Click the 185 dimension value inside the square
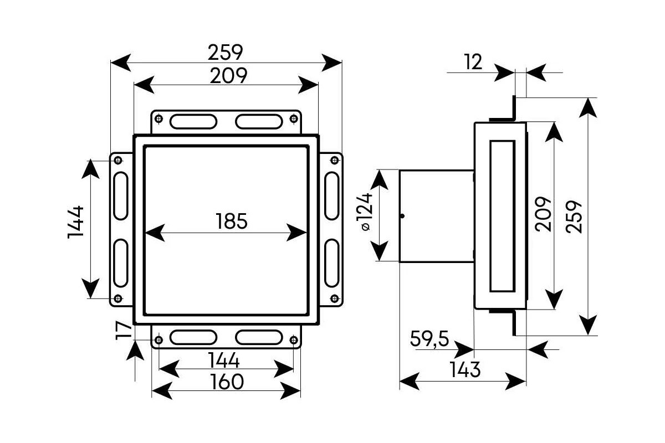(232, 221)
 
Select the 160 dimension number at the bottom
(227, 382)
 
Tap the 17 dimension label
(124, 331)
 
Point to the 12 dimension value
(473, 62)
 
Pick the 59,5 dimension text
(429, 338)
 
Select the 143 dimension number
(465, 370)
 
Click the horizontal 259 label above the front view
(226, 53)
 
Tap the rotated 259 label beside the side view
(574, 217)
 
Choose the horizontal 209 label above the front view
(228, 76)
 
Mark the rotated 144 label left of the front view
(76, 222)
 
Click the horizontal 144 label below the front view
(223, 360)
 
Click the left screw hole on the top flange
(159, 119)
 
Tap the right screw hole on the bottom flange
(294, 340)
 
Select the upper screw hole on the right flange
(335, 161)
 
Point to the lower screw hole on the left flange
(118, 298)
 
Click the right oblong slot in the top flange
(259, 122)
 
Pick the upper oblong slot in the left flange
(121, 196)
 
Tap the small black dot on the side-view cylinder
(402, 216)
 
